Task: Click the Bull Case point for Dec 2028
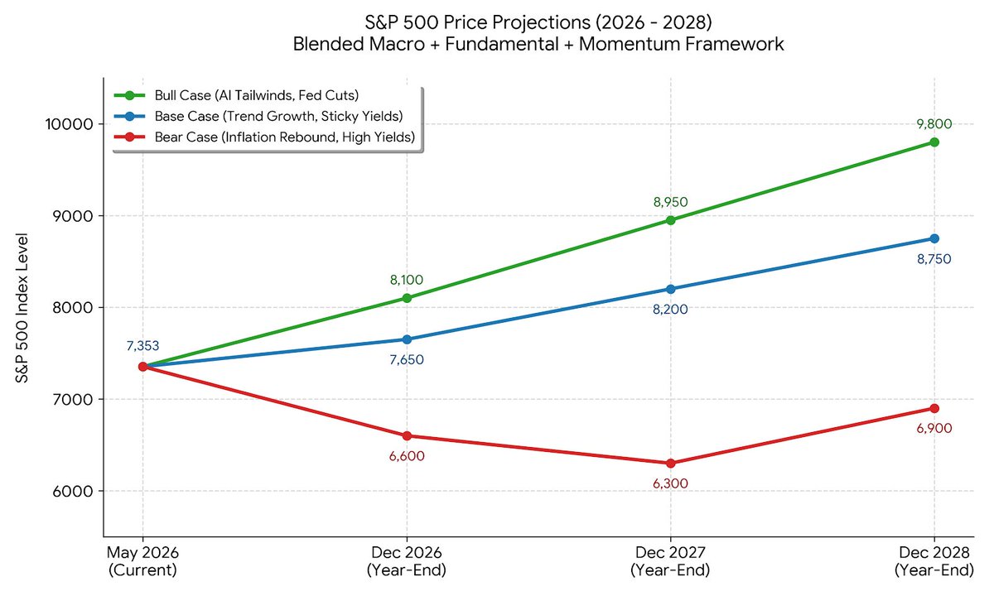click(x=934, y=142)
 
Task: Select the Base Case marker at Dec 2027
click(x=670, y=289)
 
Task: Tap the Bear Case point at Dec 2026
click(x=407, y=436)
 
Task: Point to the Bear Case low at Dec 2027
click(x=670, y=464)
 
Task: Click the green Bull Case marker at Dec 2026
click(x=407, y=298)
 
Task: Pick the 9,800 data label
click(x=934, y=123)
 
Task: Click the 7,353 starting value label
click(x=142, y=345)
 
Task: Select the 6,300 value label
click(x=670, y=483)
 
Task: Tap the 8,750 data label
click(x=934, y=259)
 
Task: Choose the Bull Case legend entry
click(x=236, y=95)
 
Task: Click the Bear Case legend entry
click(x=264, y=137)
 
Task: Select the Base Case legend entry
click(x=258, y=116)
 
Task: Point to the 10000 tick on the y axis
click(x=70, y=123)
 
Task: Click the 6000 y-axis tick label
click(x=73, y=491)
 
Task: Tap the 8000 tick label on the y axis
click(x=73, y=307)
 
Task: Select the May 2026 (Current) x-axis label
click(x=142, y=561)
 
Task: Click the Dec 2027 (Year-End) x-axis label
click(x=670, y=561)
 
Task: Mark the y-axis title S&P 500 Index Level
click(x=22, y=308)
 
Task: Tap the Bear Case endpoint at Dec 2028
click(x=934, y=408)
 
